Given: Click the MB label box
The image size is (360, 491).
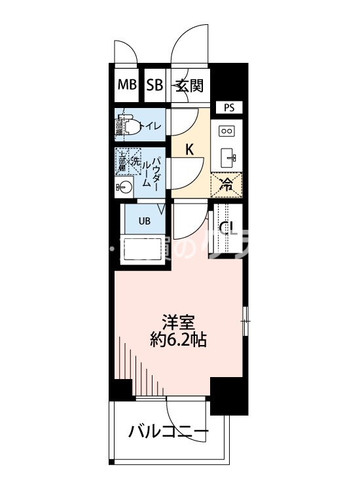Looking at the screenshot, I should point(126,84).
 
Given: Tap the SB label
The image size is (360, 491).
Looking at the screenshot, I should point(154,84).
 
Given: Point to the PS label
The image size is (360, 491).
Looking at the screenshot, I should point(228,107).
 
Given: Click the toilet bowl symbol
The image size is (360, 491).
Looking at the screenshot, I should point(131,125).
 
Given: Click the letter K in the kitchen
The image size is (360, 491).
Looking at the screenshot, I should point(189,149).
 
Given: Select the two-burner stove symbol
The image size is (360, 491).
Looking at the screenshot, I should point(226,131).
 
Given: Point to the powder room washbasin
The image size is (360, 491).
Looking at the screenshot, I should point(124,187).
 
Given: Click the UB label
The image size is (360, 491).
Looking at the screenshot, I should point(144,221).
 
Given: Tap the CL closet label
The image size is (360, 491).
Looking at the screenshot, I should point(226,228).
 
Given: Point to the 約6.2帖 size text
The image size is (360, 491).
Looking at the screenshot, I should point(180,340).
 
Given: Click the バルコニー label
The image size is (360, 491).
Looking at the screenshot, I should point(168,432).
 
